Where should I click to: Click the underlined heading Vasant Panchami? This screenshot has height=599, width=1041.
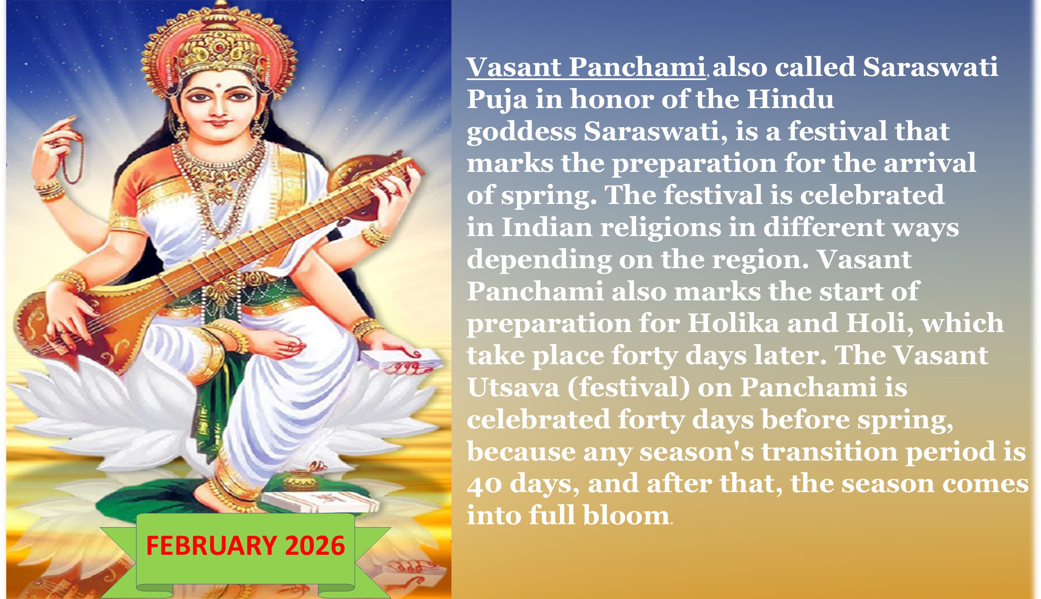586,67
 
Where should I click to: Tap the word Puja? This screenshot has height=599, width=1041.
497,100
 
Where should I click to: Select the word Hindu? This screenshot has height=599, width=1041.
790,99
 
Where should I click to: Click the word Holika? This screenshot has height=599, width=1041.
733,323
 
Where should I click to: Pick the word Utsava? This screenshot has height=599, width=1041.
513,388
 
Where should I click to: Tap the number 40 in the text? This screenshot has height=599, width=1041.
484,484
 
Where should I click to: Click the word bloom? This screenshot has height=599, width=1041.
626,516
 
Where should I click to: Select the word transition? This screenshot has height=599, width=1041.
829,452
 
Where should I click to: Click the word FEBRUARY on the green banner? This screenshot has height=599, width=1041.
211,546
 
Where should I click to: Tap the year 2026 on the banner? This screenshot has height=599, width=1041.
315,546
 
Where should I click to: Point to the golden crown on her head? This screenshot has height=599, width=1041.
219,42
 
